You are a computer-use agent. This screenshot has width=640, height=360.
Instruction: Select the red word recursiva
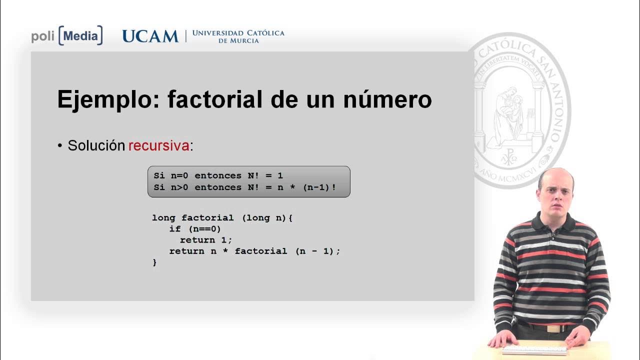pos(159,146)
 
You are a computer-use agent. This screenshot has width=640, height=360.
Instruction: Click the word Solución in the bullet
pos(96,146)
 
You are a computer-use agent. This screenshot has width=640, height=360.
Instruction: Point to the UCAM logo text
pos(150,36)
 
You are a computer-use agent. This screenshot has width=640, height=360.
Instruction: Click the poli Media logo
pos(67,36)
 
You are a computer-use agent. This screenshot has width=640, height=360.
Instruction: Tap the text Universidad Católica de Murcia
pos(238,36)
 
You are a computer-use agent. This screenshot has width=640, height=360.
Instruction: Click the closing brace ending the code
pos(154,262)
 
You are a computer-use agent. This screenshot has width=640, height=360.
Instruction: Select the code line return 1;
pos(206,240)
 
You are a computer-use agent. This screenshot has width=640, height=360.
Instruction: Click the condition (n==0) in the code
pos(204,229)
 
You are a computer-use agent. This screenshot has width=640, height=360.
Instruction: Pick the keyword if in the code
pos(174,229)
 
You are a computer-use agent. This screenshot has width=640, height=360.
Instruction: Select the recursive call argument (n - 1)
pos(314,251)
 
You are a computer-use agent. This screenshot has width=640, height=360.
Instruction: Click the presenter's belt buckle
pos(553,328)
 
